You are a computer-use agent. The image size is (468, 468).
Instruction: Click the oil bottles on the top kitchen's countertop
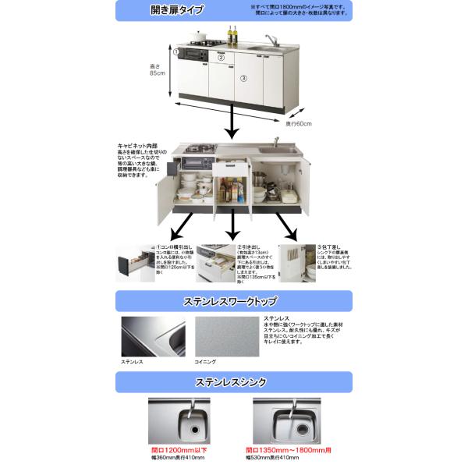point(232,35)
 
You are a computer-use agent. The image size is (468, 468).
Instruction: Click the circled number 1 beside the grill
point(178,52)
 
